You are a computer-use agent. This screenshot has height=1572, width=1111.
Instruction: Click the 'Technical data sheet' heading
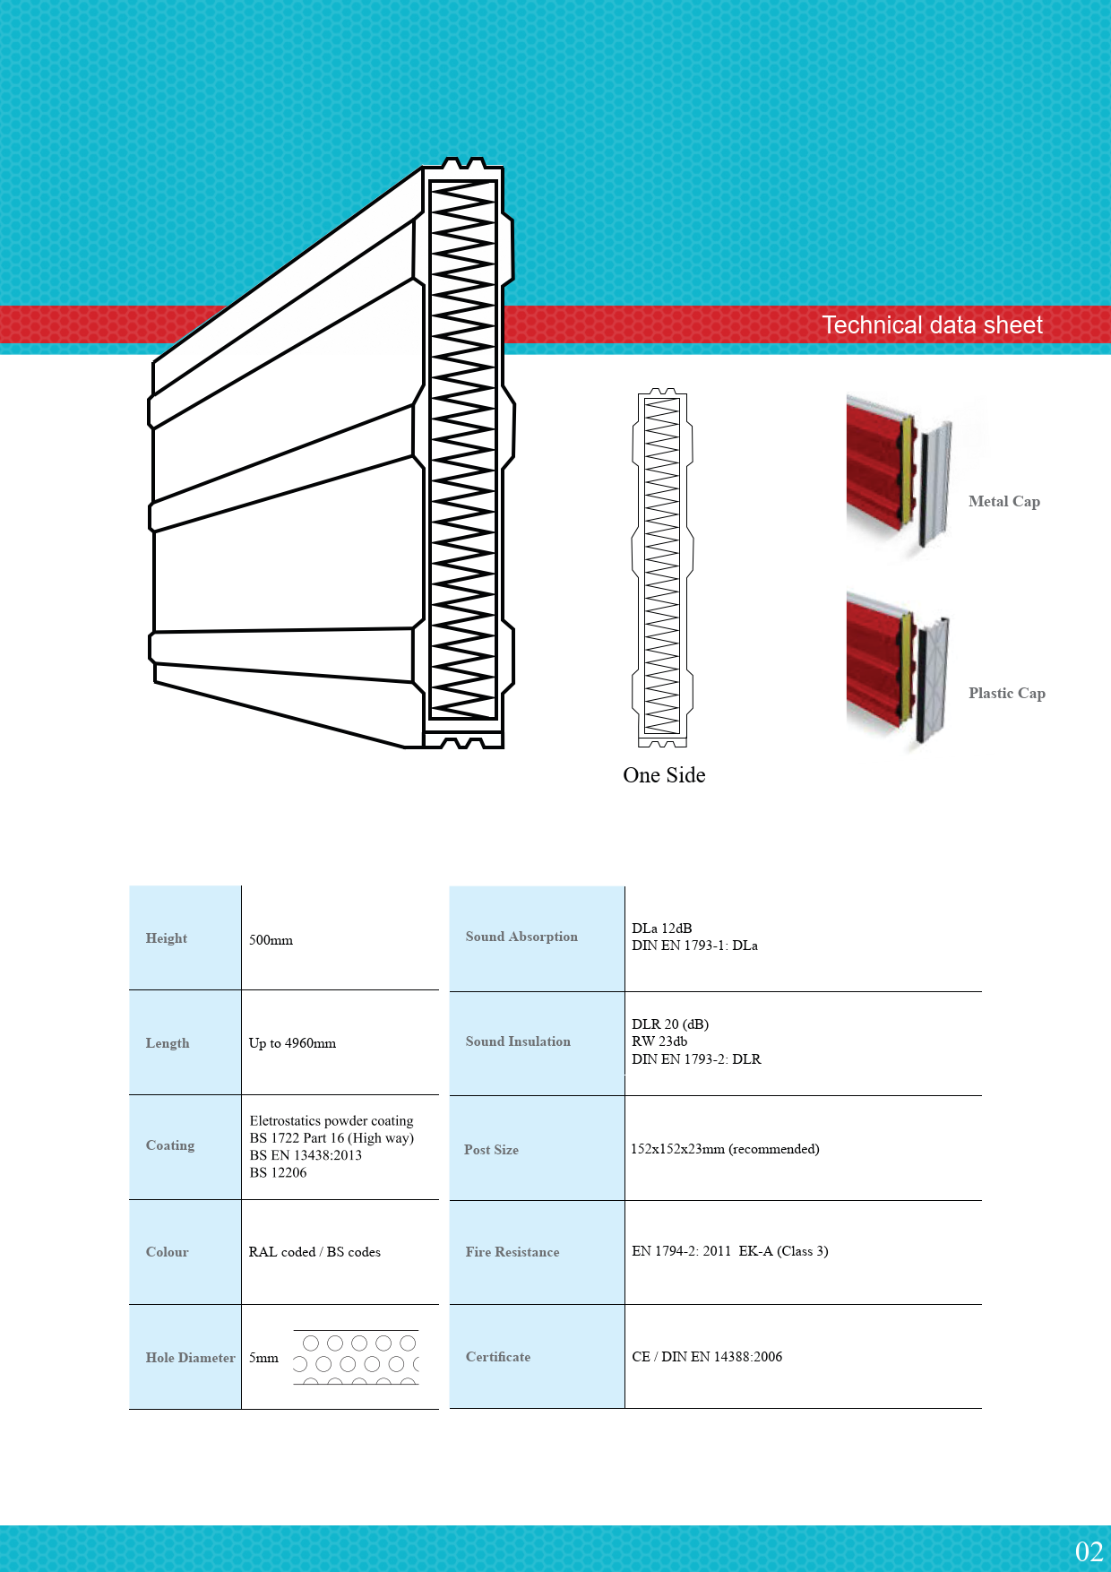[x=932, y=324]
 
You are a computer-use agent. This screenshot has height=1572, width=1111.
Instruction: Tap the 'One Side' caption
[x=664, y=775]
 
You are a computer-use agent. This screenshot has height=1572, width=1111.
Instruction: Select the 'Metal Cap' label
[x=1003, y=502]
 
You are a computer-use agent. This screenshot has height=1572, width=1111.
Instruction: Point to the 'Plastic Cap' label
[x=1006, y=693]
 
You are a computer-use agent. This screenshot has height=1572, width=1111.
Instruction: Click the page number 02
[x=1089, y=1551]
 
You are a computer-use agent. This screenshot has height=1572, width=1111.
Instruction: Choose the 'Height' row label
[x=167, y=938]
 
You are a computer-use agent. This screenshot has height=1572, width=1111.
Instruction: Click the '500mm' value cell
[x=271, y=940]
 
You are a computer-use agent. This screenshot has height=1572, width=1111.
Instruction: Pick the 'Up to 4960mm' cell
[x=292, y=1043]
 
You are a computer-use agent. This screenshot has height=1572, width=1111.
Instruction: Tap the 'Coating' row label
[x=170, y=1145]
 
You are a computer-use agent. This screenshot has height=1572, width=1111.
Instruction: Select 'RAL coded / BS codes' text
[x=314, y=1252]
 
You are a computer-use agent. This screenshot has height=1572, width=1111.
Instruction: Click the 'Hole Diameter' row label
[x=190, y=1358]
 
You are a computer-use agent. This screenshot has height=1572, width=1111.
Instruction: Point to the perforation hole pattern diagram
[x=356, y=1357]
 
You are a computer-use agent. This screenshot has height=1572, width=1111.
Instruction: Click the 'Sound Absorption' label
[x=521, y=937]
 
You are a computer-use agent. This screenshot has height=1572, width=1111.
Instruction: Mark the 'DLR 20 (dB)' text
[x=670, y=1024]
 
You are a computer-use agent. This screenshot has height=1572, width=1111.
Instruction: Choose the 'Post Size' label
[x=491, y=1150]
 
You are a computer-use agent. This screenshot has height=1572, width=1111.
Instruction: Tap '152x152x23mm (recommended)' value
[x=725, y=1149]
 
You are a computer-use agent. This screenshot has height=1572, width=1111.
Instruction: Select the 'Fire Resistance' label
[x=512, y=1252]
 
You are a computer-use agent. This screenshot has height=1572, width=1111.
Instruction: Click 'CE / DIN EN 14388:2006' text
[x=707, y=1357]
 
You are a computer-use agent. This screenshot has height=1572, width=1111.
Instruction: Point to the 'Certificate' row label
[x=498, y=1357]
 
